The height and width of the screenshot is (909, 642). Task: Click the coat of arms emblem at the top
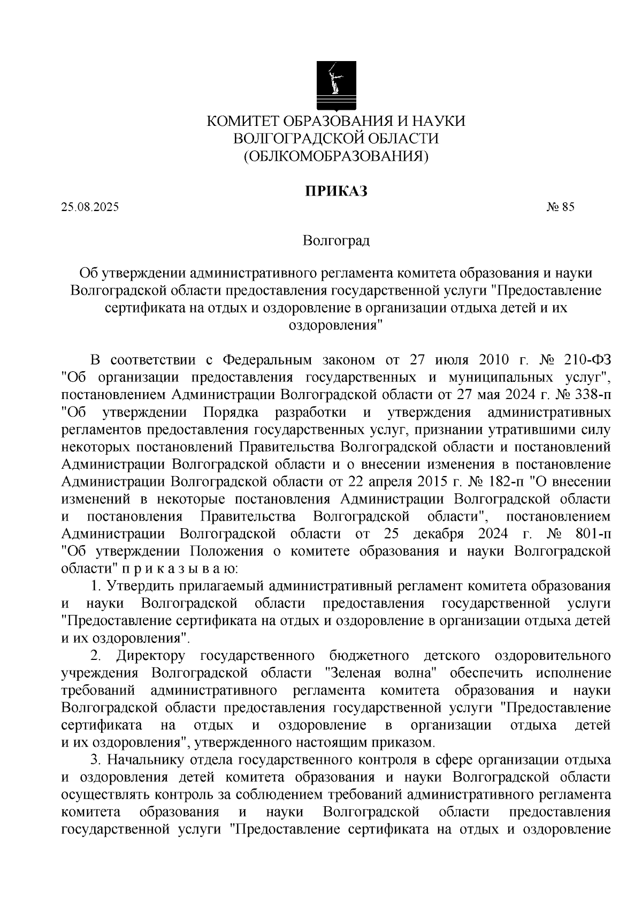[335, 84]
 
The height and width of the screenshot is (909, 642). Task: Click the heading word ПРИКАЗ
[336, 191]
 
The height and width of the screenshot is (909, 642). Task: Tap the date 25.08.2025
[90, 207]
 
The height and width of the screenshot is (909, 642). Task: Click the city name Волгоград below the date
[336, 241]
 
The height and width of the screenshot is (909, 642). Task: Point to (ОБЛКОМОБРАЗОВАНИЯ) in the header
[336, 156]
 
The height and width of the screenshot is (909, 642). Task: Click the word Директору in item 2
[151, 655]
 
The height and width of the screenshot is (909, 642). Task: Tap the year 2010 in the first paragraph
[483, 359]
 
